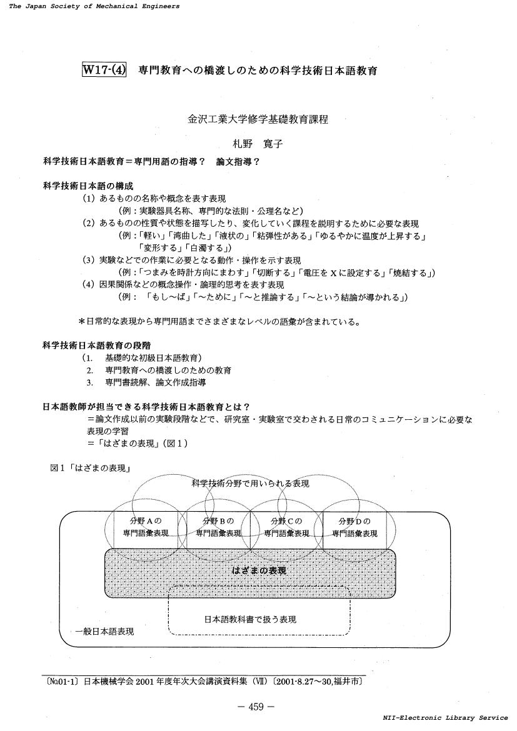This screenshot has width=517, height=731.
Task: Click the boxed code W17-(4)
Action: [104, 71]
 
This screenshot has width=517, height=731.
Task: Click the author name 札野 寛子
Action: [258, 144]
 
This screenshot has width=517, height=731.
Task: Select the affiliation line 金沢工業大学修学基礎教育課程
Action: [258, 119]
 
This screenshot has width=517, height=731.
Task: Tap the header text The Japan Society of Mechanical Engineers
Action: [94, 6]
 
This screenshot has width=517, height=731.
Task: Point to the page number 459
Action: [256, 707]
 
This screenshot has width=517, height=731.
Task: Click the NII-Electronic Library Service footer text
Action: [445, 718]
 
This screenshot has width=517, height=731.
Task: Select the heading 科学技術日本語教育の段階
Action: [97, 346]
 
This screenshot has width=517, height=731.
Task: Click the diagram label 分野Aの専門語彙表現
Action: [146, 527]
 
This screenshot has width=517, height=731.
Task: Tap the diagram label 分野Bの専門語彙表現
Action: [218, 527]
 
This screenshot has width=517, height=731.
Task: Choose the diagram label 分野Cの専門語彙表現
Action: [286, 527]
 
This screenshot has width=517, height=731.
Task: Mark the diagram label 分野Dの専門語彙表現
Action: [354, 527]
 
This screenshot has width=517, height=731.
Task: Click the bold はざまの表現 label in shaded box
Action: [259, 570]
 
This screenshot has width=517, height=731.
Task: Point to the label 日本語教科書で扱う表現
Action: [250, 619]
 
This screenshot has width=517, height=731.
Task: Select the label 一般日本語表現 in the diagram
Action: [104, 631]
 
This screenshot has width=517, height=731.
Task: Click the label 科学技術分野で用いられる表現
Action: [251, 484]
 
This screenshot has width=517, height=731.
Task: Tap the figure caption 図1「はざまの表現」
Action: [89, 467]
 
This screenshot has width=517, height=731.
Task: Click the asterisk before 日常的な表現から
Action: [81, 321]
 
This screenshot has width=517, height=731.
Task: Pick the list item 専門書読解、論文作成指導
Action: [156, 382]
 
